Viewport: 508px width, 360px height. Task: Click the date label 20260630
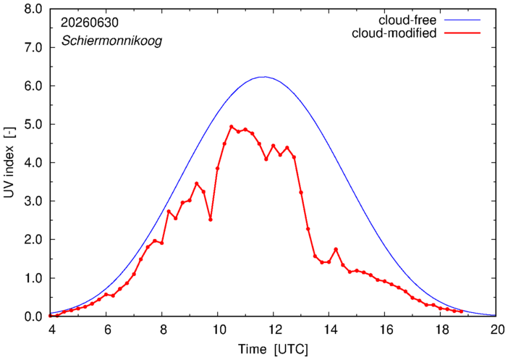click(90, 22)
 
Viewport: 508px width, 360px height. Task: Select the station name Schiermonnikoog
click(111, 41)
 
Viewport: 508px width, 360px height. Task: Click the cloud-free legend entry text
click(407, 20)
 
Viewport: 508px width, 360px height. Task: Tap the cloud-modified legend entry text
click(394, 33)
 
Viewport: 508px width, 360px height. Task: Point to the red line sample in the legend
click(462, 33)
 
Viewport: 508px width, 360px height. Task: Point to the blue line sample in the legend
click(462, 20)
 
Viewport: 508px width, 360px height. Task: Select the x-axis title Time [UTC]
click(273, 349)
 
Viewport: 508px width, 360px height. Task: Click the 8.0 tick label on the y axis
click(33, 9)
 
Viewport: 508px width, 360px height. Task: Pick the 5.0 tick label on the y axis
click(33, 125)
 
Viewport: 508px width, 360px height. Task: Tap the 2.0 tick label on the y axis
click(33, 240)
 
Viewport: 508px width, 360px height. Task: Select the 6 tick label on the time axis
click(108, 330)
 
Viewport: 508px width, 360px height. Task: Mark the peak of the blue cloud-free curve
click(265, 77)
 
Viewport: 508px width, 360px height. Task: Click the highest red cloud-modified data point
click(232, 127)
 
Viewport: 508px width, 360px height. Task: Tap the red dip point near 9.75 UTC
click(211, 219)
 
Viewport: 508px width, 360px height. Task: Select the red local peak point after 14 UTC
click(336, 249)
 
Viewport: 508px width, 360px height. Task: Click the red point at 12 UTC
click(273, 146)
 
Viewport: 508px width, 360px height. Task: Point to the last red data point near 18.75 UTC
click(462, 311)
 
